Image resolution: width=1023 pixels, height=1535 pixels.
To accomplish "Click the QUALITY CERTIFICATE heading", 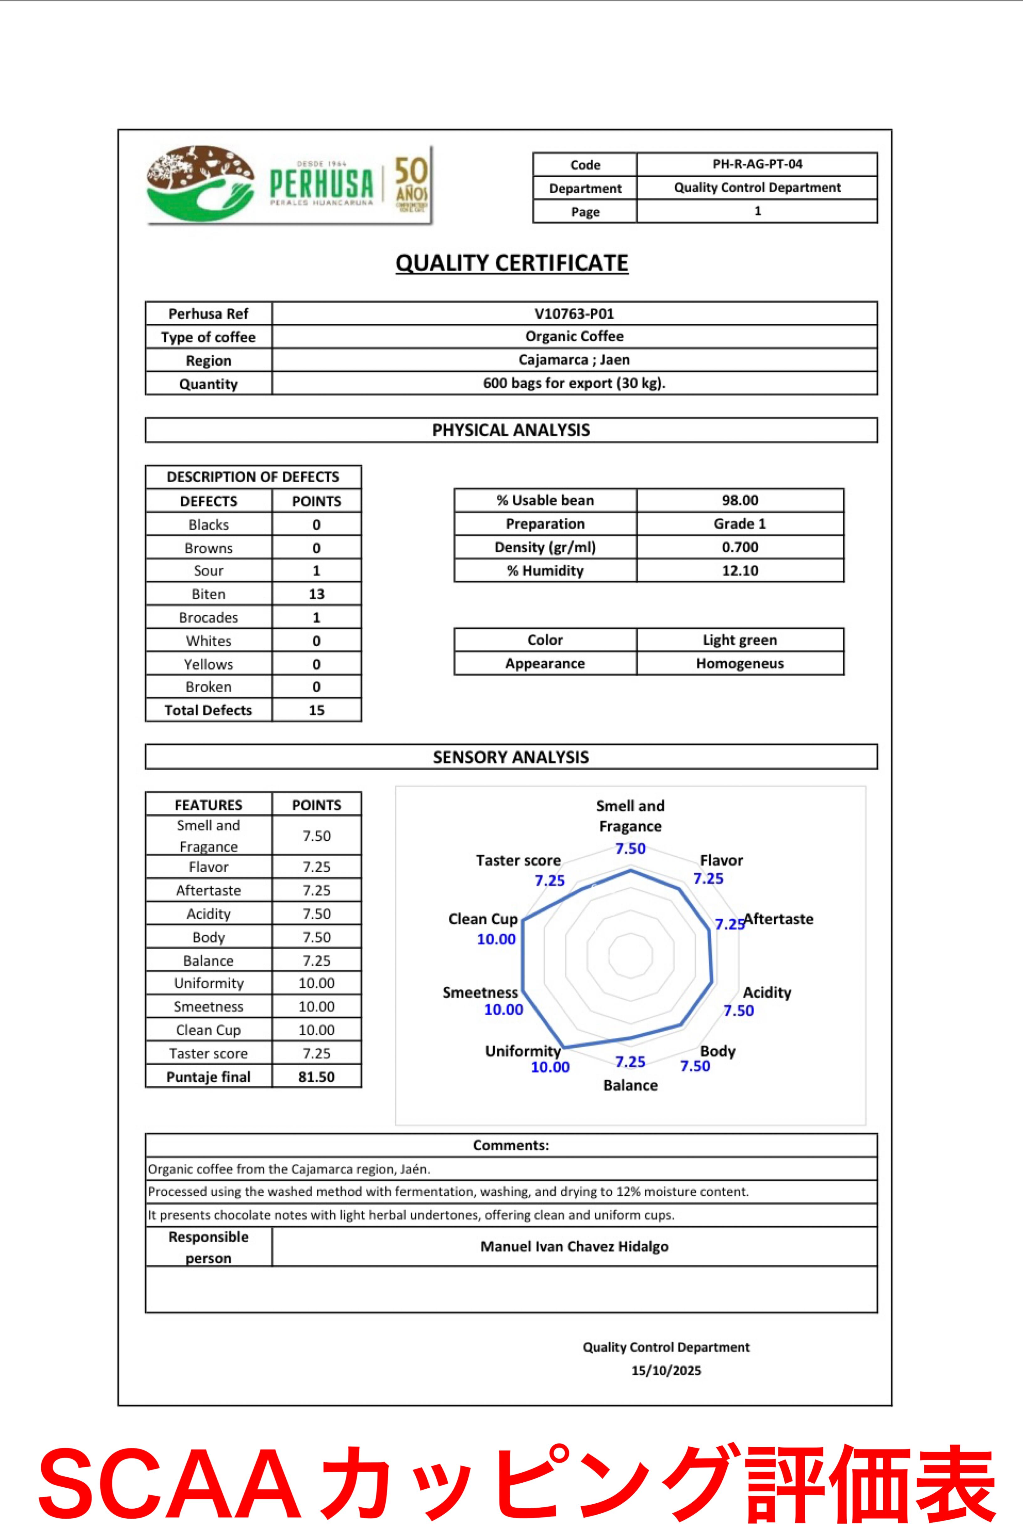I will pyautogui.click(x=511, y=263).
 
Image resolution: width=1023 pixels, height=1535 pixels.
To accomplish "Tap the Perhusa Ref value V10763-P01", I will pyautogui.click(x=574, y=314).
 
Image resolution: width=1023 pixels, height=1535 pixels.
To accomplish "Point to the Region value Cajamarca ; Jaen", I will pyautogui.click(x=574, y=360).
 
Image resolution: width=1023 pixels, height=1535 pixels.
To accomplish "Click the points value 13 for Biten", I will pyautogui.click(x=316, y=594).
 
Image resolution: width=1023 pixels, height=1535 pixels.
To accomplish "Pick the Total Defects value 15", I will pyautogui.click(x=316, y=710).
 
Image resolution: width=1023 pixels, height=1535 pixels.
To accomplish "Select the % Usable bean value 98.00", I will pyautogui.click(x=740, y=501).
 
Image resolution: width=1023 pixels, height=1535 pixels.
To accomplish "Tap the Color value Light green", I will pyautogui.click(x=740, y=640).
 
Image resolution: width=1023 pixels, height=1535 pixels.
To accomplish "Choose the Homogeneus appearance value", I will pyautogui.click(x=740, y=664).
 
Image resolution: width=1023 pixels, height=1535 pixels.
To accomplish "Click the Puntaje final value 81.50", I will pyautogui.click(x=316, y=1077).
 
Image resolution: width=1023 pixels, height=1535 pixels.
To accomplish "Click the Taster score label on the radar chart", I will pyautogui.click(x=518, y=860).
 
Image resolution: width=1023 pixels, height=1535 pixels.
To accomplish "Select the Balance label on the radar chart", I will pyautogui.click(x=630, y=1085).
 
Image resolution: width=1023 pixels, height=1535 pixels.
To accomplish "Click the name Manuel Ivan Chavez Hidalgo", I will pyautogui.click(x=574, y=1246).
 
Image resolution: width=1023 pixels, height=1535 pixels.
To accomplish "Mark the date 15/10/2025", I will pyautogui.click(x=666, y=1371).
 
